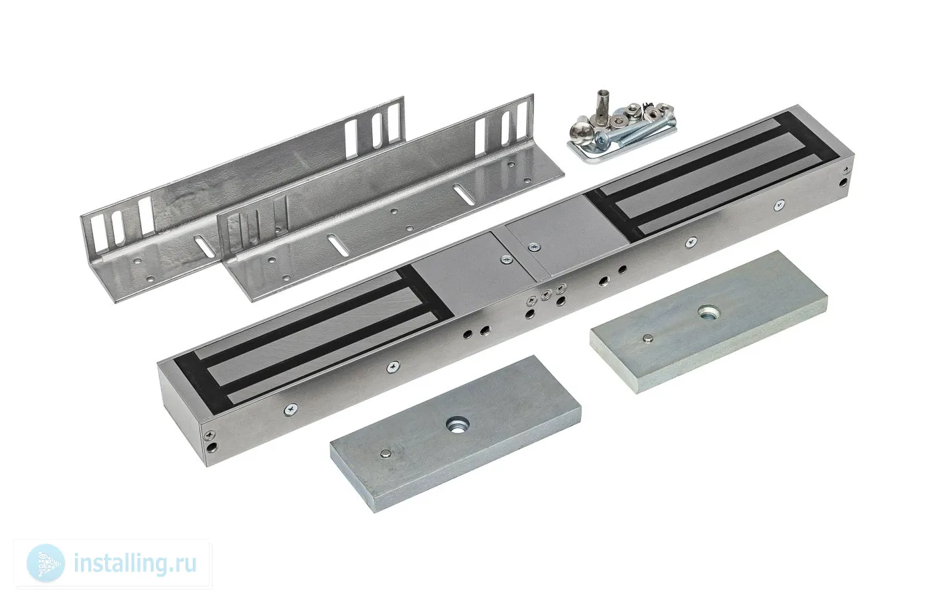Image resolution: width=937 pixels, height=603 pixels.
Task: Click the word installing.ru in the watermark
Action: coord(135,563)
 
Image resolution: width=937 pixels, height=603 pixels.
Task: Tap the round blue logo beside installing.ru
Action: coord(46,563)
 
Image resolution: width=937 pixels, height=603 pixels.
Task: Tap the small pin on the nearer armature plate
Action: coord(384,454)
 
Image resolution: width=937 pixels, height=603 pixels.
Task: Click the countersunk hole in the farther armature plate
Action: coord(708,312)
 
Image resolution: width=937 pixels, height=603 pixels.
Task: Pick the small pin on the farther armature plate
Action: coord(648,338)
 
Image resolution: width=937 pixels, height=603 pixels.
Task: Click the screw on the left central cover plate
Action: coord(507,260)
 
